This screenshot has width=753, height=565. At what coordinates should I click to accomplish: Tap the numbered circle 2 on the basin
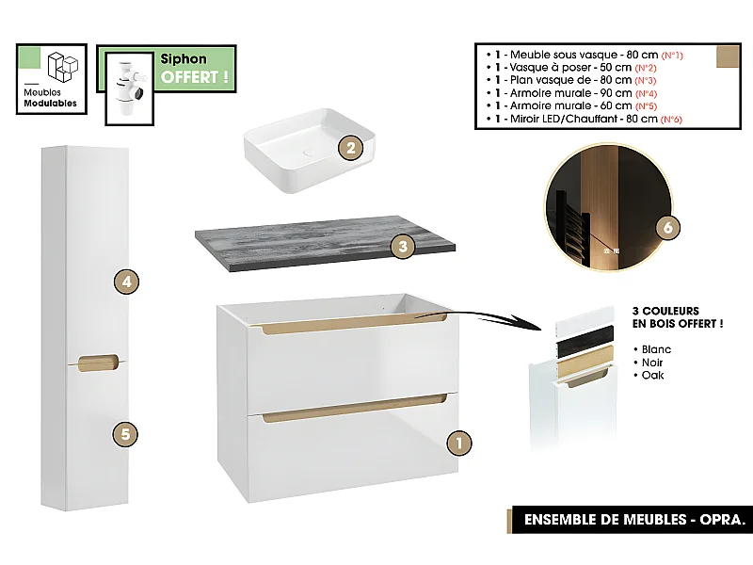click(x=350, y=148)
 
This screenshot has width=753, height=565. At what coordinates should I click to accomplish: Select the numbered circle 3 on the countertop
click(x=403, y=247)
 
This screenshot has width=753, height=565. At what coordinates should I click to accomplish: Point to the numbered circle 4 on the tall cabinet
click(x=125, y=281)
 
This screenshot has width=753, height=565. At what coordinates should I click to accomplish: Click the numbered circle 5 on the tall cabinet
click(x=125, y=434)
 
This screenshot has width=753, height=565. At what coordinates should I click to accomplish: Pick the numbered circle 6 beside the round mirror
click(x=666, y=228)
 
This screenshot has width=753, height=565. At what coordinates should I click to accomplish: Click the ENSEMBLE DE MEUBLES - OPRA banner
click(x=629, y=519)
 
